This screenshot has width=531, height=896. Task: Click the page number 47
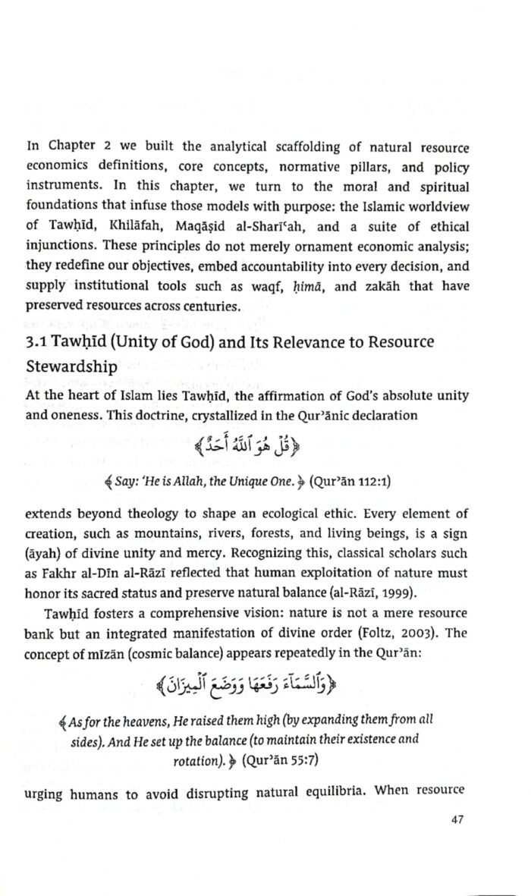pos(455,819)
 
